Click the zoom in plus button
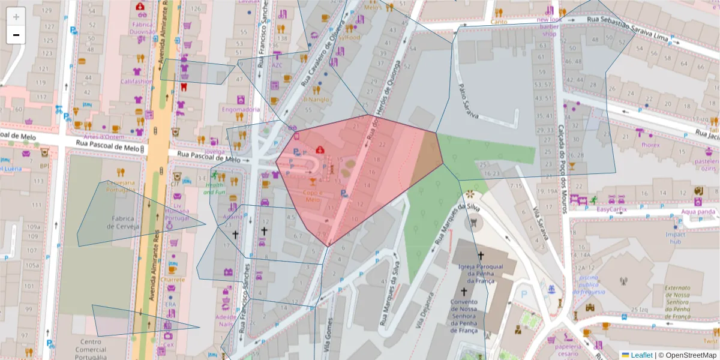tap(16, 17)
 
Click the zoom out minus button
tap(16, 35)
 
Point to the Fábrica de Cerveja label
tap(123, 223)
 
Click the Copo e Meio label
tap(313, 196)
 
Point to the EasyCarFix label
tap(611, 209)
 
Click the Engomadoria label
tap(241, 110)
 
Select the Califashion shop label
tap(136, 81)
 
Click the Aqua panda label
tap(697, 211)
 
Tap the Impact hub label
tap(676, 238)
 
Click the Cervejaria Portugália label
tap(121, 186)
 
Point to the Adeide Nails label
tap(226, 320)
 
